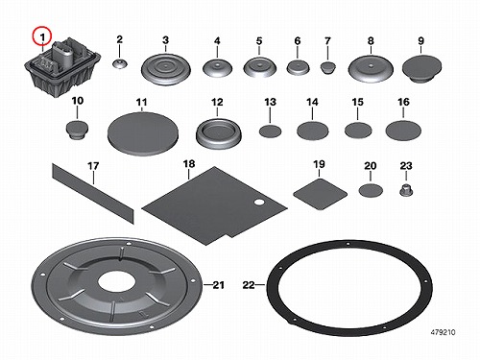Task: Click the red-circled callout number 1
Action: (42, 37)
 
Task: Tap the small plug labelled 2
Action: (119, 63)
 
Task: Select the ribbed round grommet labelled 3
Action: (166, 69)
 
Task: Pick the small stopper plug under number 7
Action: (328, 67)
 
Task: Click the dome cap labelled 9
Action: (421, 68)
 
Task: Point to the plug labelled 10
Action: (77, 130)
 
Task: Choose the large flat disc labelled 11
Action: (143, 133)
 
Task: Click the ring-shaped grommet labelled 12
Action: (219, 133)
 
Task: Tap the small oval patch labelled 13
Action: (270, 132)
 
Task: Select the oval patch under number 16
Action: (403, 131)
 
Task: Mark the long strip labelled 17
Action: (93, 193)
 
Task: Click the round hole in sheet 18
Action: (258, 203)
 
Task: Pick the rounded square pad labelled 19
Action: (321, 194)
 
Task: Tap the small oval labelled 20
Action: (371, 191)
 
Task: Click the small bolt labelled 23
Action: (406, 191)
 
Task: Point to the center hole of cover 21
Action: (117, 282)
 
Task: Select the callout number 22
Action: (249, 285)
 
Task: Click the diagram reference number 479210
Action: (443, 332)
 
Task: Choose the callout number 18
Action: (189, 164)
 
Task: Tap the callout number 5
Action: (259, 41)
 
